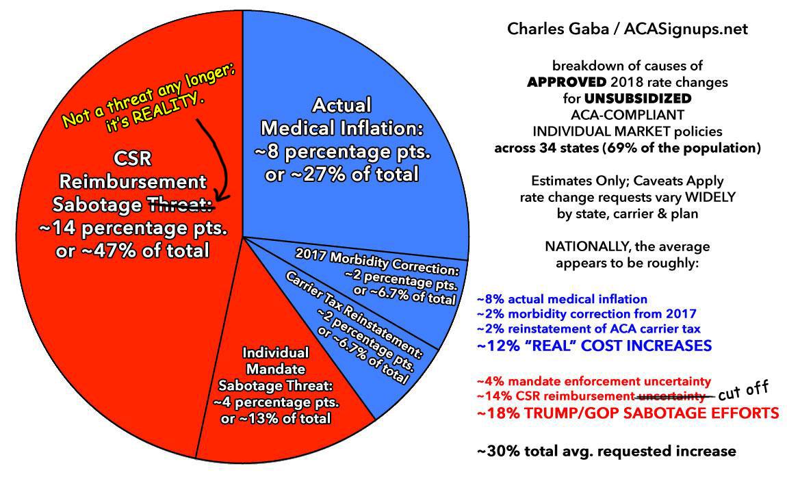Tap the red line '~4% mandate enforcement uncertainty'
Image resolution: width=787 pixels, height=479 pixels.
(x=594, y=380)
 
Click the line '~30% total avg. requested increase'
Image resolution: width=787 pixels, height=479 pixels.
(x=606, y=451)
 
